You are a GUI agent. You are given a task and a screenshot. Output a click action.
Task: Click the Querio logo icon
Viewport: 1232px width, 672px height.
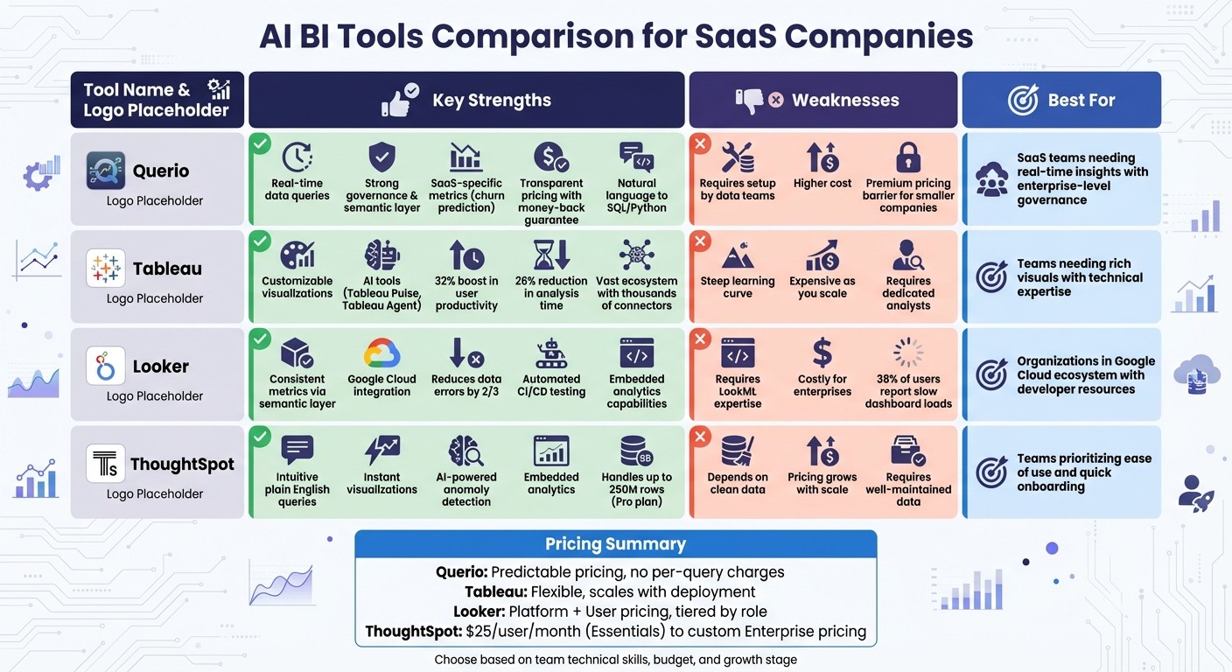[x=106, y=171]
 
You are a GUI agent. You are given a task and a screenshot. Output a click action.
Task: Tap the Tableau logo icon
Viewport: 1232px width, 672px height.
[x=106, y=268]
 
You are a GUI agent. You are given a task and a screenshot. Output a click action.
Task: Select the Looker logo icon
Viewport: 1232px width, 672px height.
[x=106, y=366]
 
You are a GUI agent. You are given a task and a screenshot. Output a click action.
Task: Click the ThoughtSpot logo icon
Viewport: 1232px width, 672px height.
[x=106, y=464]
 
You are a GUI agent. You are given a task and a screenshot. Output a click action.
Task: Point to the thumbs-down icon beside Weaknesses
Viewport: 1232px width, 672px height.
[x=750, y=101]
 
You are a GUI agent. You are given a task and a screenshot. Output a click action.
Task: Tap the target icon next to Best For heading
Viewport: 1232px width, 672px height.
[x=1023, y=101]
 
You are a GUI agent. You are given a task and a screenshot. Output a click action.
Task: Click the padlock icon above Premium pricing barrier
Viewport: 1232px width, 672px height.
[x=908, y=157]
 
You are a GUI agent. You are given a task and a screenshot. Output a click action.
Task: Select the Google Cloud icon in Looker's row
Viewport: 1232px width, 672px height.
[x=381, y=353]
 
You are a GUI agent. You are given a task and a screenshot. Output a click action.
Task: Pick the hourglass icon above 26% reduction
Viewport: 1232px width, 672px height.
[x=551, y=255]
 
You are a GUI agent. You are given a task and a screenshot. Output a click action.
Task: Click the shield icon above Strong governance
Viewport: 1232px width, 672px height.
[x=381, y=157]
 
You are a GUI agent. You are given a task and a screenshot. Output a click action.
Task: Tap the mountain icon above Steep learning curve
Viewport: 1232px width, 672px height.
[x=738, y=256]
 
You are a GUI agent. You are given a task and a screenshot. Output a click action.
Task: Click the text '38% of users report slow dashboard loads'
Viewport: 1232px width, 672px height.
[x=908, y=391]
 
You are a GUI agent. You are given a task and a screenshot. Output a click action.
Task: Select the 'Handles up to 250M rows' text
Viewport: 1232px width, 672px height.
[x=636, y=489]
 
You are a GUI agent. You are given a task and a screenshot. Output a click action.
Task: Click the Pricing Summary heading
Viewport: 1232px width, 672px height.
[x=615, y=544]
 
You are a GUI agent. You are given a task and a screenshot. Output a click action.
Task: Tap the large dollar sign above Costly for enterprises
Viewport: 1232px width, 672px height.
[x=822, y=353]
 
